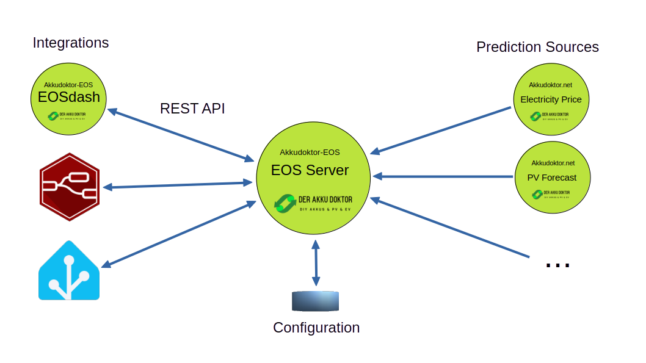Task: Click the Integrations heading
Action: (71, 43)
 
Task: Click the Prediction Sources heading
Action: (537, 47)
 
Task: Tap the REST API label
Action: (192, 109)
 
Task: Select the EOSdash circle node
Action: (69, 99)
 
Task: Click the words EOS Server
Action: (310, 170)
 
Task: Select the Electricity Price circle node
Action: (551, 99)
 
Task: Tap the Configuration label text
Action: (316, 328)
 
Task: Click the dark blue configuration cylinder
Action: (315, 301)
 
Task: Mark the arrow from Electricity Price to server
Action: (441, 130)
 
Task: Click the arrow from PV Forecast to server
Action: (443, 176)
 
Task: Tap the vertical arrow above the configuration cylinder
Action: (316, 263)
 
